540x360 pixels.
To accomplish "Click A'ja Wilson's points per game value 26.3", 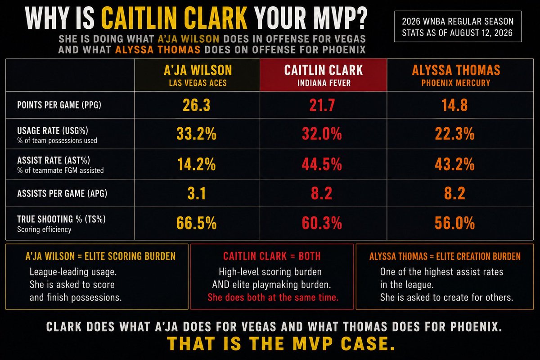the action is click(196, 105).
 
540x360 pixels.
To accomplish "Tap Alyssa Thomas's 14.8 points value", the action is click(454, 105).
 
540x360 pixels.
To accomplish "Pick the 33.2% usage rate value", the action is click(196, 134).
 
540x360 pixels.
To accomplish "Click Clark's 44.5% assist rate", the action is click(322, 164).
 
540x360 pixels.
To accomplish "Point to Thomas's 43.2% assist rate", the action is click(454, 164).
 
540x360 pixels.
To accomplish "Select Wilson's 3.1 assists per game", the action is click(197, 193).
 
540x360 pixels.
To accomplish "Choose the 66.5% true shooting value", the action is click(196, 223).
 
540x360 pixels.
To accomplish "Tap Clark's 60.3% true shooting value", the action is click(322, 223).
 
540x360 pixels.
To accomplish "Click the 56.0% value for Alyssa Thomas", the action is click(454, 223).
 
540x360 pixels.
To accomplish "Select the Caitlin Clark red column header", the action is click(323, 75).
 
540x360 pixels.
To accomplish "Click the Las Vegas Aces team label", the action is click(198, 83).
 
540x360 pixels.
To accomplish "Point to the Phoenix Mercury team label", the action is click(455, 83).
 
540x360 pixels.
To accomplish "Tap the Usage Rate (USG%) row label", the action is click(53, 130).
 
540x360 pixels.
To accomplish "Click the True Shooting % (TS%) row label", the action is click(61, 219).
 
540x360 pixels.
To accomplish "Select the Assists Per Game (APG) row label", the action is click(62, 193).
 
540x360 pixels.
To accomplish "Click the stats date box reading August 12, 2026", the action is click(458, 27).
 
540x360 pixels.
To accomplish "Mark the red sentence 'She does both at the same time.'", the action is click(273, 297).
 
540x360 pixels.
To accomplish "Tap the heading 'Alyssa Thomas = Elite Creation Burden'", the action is click(445, 256).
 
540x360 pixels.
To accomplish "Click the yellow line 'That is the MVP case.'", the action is click(281, 343).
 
